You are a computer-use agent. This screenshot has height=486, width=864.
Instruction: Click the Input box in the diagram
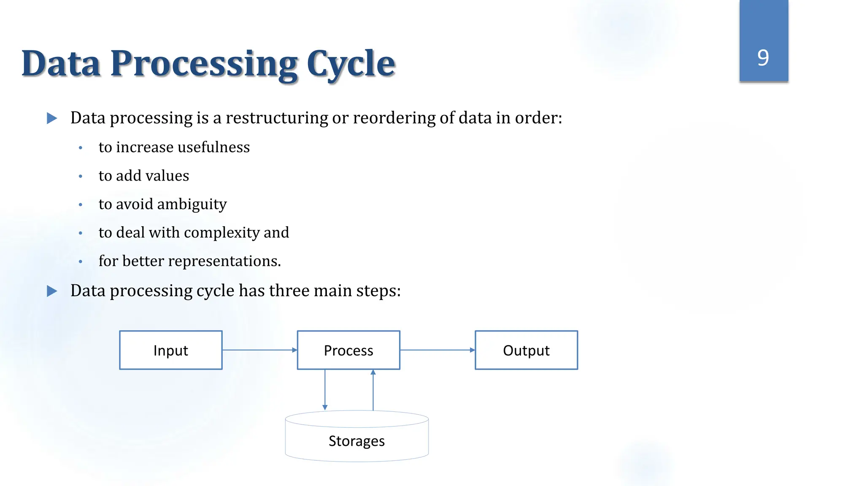(x=170, y=350)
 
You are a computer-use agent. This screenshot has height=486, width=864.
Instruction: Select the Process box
(x=348, y=350)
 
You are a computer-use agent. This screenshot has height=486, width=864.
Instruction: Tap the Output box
(x=526, y=350)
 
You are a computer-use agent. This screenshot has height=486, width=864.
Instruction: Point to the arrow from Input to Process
(x=259, y=350)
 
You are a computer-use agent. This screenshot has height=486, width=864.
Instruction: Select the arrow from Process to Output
(x=437, y=350)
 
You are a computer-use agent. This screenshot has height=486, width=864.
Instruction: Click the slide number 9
(x=763, y=57)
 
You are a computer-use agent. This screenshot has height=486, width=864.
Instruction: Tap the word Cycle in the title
(x=351, y=64)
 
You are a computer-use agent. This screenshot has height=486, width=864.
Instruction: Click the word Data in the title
(x=62, y=64)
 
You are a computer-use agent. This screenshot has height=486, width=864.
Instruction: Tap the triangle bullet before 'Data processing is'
(x=52, y=118)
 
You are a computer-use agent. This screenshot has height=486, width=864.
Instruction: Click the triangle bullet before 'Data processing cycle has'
(x=52, y=291)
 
